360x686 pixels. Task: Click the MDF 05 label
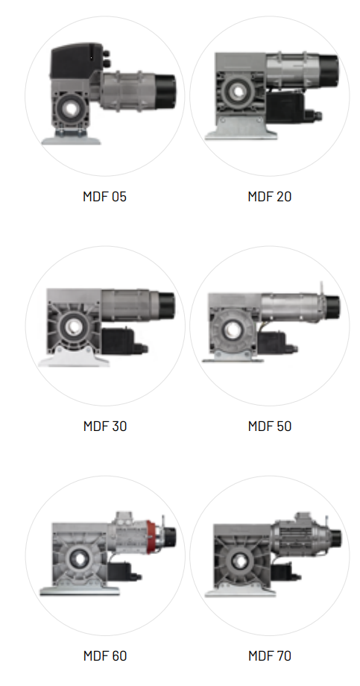pyautogui.click(x=104, y=196)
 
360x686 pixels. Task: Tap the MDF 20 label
pyautogui.click(x=270, y=196)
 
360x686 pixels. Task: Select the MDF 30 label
pyautogui.click(x=105, y=426)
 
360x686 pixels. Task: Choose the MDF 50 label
pyautogui.click(x=270, y=426)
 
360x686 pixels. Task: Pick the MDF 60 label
pyautogui.click(x=105, y=656)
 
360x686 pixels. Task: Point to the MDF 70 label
pyautogui.click(x=270, y=656)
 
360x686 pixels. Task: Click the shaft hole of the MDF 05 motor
pyautogui.click(x=70, y=109)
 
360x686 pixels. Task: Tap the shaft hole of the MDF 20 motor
pyautogui.click(x=239, y=92)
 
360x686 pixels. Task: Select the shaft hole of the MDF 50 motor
pyautogui.click(x=230, y=330)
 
